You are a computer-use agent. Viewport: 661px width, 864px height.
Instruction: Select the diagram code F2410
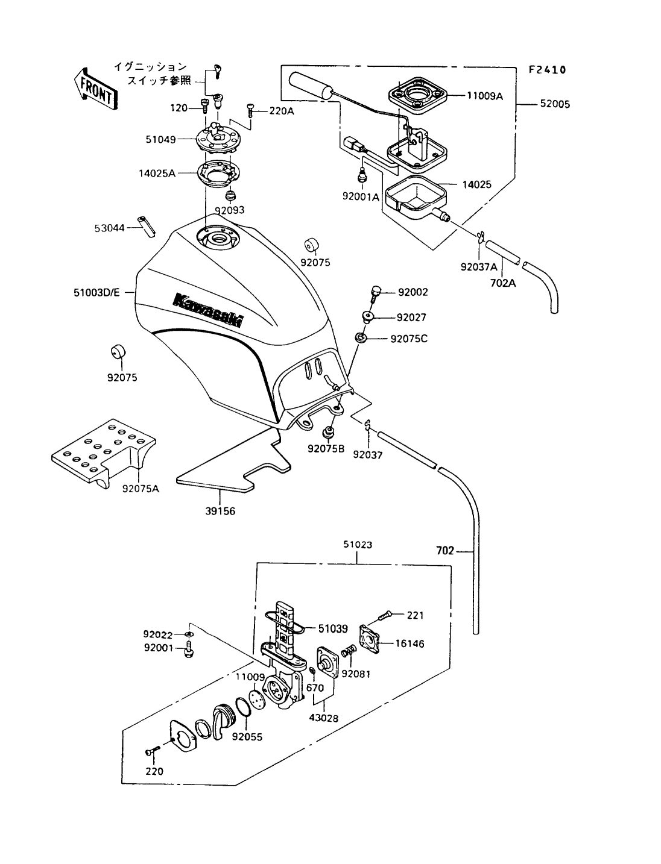tap(547, 70)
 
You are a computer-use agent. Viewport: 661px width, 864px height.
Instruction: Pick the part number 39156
tap(220, 512)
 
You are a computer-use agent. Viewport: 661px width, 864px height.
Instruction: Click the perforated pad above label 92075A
tap(104, 449)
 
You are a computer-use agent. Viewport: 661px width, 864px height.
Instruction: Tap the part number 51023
tap(358, 545)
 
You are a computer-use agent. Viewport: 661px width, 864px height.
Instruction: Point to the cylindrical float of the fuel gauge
tap(312, 85)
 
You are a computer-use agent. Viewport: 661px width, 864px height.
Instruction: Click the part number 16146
tap(410, 643)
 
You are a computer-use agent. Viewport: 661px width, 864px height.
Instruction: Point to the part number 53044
tap(109, 228)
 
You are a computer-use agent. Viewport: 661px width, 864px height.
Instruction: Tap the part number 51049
tap(160, 140)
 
